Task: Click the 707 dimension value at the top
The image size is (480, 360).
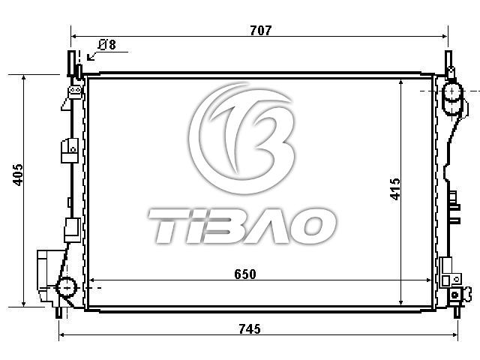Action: point(260,30)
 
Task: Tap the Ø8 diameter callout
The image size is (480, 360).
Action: point(107,45)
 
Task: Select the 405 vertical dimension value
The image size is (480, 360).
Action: point(18,175)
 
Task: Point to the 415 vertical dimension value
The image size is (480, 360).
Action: point(395,189)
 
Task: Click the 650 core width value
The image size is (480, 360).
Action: point(245,274)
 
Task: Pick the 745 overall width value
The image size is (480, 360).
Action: point(250,329)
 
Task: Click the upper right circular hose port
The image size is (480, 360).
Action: point(453,91)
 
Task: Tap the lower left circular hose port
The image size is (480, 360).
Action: point(67,287)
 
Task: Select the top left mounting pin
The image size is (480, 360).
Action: point(71,63)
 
